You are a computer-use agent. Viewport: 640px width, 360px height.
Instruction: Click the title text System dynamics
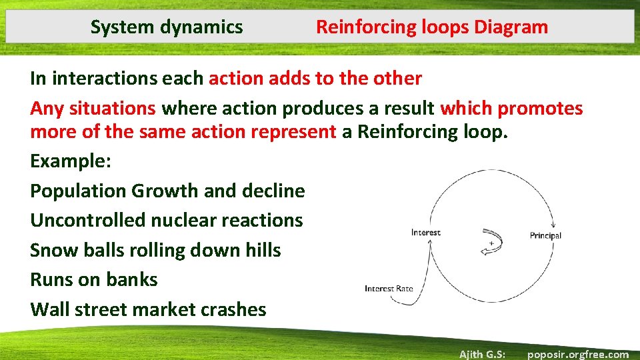point(167,27)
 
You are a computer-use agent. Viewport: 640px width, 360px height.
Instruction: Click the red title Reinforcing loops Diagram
point(431,27)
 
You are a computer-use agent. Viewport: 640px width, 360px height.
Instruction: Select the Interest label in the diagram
point(426,233)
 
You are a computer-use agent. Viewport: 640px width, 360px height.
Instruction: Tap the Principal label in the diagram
point(545,235)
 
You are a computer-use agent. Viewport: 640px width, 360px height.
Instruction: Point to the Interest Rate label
point(389,289)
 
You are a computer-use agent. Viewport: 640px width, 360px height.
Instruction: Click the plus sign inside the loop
point(492,243)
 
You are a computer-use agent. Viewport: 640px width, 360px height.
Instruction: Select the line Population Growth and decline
point(167,191)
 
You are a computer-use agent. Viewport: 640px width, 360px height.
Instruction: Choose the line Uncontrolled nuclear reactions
point(166,221)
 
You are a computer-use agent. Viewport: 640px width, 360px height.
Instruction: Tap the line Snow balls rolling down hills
point(155,251)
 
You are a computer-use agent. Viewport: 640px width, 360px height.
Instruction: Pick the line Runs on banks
point(94,279)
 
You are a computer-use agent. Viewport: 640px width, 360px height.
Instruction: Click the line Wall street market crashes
point(148,309)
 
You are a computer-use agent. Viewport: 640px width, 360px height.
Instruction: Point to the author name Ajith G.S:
point(482,354)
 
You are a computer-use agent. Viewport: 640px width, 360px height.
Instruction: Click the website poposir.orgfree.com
point(577,354)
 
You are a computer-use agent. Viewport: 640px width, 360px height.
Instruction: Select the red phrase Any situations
point(93,108)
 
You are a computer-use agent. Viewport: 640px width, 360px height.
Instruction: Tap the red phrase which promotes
point(511,108)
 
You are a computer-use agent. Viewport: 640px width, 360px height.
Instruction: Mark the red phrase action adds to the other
point(315,79)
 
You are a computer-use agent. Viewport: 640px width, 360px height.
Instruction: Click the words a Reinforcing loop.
point(425,131)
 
